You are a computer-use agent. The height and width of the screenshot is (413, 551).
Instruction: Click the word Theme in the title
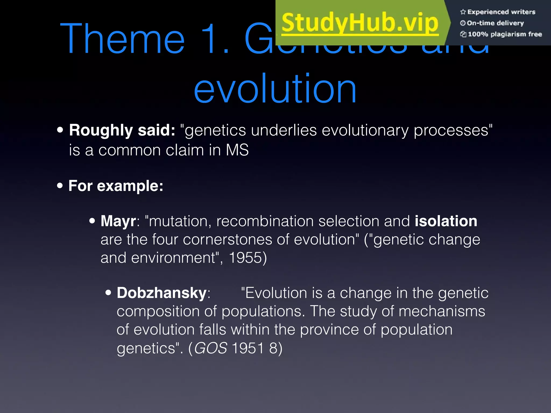(x=122, y=39)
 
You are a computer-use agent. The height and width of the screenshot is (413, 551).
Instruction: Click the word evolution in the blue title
(x=275, y=89)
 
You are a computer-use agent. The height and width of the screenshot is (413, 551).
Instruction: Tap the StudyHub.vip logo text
(x=360, y=23)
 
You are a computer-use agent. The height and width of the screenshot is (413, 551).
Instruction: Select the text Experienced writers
(x=501, y=12)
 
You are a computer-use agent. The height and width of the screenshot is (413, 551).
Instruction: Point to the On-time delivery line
(x=495, y=23)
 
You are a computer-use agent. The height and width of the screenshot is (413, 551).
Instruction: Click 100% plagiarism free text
(x=504, y=34)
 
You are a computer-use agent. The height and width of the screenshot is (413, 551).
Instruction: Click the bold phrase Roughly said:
(x=122, y=130)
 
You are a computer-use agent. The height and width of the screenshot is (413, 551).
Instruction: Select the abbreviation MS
(x=237, y=150)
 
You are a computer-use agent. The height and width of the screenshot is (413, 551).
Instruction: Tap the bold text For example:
(x=116, y=186)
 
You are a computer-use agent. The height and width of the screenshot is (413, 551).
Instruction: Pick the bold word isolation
(x=446, y=221)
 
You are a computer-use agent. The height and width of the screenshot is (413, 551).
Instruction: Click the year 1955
(x=245, y=258)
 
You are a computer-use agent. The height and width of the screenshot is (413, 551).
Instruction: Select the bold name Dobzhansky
(x=161, y=293)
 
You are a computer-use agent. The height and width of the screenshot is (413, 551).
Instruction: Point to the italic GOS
(x=211, y=348)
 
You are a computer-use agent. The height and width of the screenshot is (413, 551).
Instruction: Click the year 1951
(x=248, y=348)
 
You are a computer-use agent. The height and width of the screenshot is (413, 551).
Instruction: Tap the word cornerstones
(x=227, y=240)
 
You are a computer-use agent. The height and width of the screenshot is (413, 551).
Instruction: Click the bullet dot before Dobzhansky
(x=108, y=293)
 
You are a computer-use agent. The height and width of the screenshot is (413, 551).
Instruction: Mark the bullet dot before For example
(x=60, y=186)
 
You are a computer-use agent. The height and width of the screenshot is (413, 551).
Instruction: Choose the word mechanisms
(x=442, y=311)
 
